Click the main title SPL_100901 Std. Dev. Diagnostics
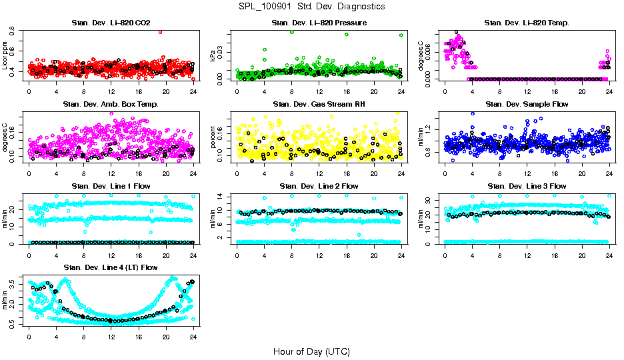pyautogui.click(x=311, y=6)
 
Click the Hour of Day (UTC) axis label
pyautogui.click(x=311, y=351)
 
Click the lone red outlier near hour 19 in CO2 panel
pyautogui.click(x=160, y=31)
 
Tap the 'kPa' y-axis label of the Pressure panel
pyautogui.click(x=213, y=56)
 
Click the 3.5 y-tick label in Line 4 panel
pyautogui.click(x=13, y=283)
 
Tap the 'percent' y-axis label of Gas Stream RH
pyautogui.click(x=213, y=137)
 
